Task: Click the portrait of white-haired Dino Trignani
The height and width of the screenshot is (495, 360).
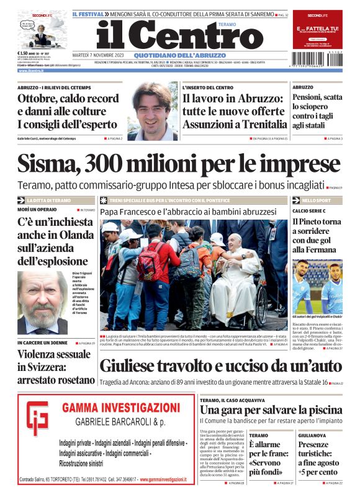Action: [42, 301]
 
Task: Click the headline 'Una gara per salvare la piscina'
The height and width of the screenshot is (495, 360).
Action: [271, 409]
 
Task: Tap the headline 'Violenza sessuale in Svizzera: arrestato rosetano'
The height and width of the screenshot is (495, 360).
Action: [55, 367]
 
